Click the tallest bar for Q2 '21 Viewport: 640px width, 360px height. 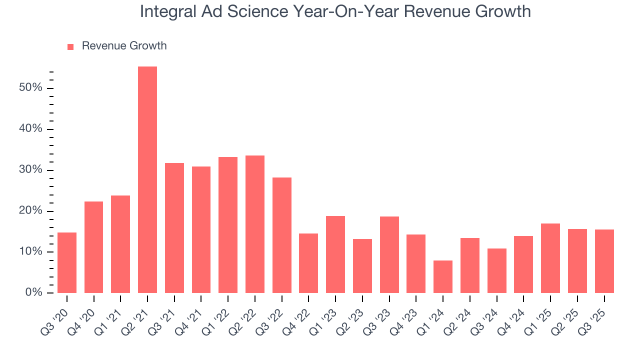click(x=147, y=179)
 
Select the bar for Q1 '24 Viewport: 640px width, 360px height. click(x=443, y=276)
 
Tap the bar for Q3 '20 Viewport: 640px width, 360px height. click(x=67, y=262)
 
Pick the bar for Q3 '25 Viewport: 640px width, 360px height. click(x=604, y=261)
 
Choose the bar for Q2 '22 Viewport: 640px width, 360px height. click(x=255, y=224)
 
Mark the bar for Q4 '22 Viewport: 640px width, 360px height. click(x=308, y=263)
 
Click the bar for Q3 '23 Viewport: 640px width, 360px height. click(x=389, y=254)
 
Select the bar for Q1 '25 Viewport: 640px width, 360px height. click(x=550, y=258)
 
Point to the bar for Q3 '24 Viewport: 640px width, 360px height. click(x=496, y=270)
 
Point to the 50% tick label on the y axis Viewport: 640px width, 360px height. click(x=30, y=88)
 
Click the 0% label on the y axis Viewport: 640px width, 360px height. click(x=33, y=292)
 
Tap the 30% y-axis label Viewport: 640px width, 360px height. click(x=30, y=170)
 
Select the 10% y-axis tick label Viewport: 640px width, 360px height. click(x=30, y=251)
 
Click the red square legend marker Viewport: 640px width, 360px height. click(x=70, y=46)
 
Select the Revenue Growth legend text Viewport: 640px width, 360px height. click(x=124, y=46)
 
